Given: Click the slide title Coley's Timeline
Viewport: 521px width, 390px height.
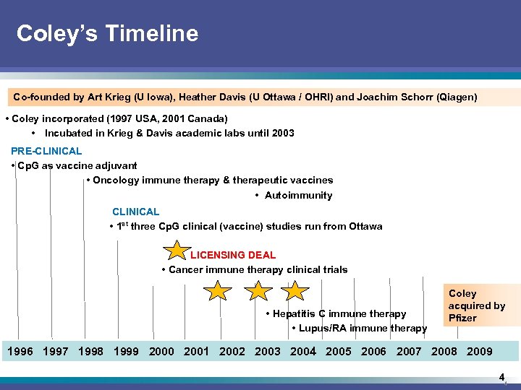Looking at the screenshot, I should pos(107,33).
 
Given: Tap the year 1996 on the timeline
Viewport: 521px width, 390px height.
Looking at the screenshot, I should pos(20,352).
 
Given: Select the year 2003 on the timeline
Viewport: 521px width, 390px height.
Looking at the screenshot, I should pos(267,352).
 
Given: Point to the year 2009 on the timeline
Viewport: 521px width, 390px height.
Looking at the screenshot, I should pos(479,352).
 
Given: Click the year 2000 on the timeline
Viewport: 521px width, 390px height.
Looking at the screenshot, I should pos(161,352).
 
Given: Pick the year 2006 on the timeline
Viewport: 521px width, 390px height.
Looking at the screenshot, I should pos(373,352).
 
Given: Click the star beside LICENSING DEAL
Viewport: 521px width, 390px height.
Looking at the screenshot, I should pos(177,251).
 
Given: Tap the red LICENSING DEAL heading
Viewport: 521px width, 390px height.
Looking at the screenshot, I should pos(233,255).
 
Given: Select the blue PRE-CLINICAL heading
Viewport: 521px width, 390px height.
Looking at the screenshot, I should pos(46,151).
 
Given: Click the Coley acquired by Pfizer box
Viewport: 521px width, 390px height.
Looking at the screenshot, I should pos(476,305).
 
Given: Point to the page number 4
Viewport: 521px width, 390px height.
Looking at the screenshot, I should pos(501,377).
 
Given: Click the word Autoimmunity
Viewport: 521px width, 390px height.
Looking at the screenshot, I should pos(298,195).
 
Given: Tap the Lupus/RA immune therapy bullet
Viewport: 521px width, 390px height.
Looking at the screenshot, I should pos(360,328).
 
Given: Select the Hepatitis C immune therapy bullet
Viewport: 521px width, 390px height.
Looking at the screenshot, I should pos(336,313).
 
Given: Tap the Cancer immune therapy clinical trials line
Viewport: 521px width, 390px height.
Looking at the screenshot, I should pos(255,269).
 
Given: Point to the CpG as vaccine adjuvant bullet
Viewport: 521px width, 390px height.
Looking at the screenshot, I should pos(75,165).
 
